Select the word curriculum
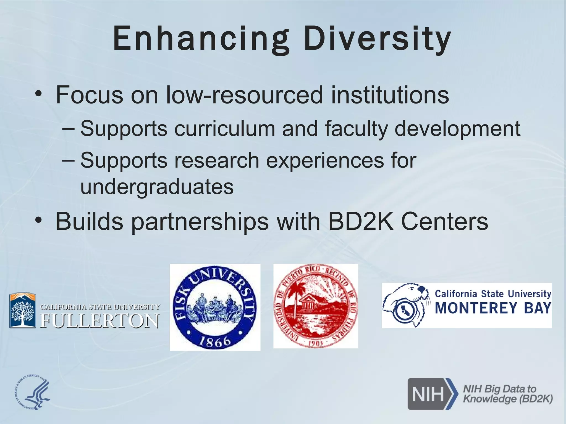click(x=224, y=128)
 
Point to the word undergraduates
click(x=157, y=187)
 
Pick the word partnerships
click(x=200, y=222)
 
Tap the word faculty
click(x=356, y=128)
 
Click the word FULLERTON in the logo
click(x=100, y=321)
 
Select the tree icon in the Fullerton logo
click(x=23, y=312)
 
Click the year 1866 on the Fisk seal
click(x=215, y=341)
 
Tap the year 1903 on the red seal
click(x=316, y=343)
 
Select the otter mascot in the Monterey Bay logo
click(x=405, y=305)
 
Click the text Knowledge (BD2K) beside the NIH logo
click(x=508, y=399)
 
